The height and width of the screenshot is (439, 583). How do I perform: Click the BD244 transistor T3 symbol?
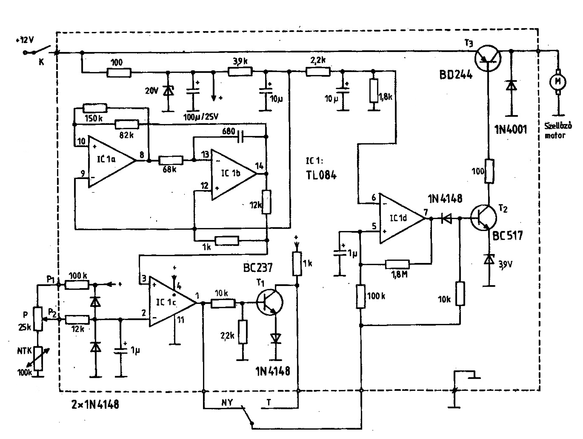pos(488,58)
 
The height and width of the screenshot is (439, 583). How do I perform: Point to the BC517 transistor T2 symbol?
pos(483,218)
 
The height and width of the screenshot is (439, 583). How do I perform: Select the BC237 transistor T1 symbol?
pos(270,302)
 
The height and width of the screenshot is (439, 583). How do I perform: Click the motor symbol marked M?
pos(557,82)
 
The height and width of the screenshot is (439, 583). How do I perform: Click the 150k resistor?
pos(95,108)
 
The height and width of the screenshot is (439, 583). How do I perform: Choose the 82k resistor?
pos(127,124)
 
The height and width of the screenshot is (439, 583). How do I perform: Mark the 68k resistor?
pos(171,161)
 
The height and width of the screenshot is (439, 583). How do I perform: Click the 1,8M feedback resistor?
pos(397,264)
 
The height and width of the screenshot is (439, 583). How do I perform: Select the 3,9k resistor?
pos(240,72)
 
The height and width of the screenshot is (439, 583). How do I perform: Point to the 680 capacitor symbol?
pos(240,137)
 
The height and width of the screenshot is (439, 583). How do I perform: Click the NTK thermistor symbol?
pos(38,358)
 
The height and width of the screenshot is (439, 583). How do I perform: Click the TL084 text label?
pos(321,175)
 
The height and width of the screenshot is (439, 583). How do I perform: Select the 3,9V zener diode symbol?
pos(489,260)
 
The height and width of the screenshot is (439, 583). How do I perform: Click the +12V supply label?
pos(25,40)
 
